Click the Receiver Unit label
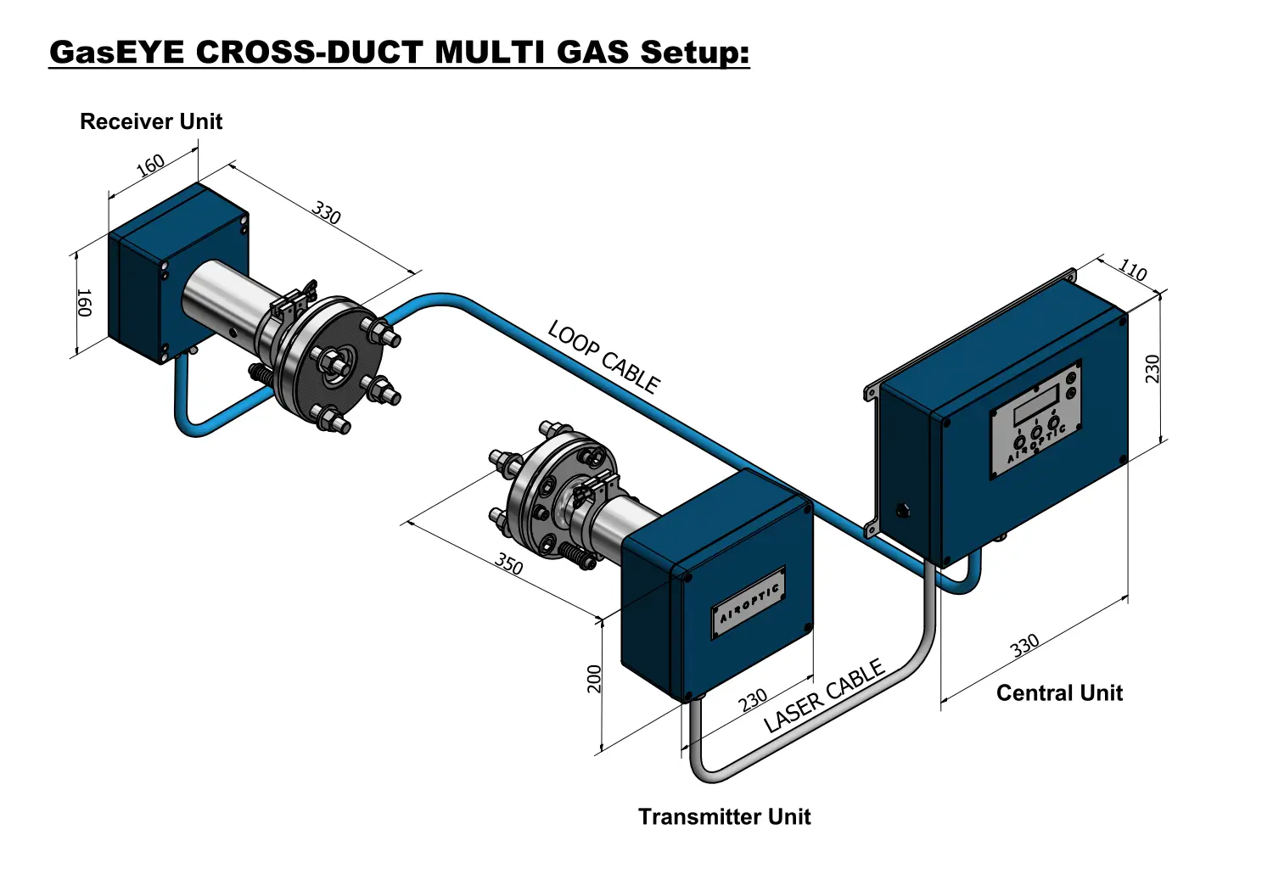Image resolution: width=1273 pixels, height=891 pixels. coord(150,121)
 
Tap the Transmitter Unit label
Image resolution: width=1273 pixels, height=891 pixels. coord(724,816)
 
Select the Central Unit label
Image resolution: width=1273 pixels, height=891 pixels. coord(1059,692)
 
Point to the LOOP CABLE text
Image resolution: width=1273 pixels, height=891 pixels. coord(603,357)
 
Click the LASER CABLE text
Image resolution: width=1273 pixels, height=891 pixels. coord(824,695)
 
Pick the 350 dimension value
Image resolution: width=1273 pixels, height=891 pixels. coord(508,564)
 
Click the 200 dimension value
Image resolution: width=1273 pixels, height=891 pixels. coord(594,679)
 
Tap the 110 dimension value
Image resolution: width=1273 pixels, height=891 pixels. coord(1133,270)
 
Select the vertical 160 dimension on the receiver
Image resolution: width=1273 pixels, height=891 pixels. coord(83,302)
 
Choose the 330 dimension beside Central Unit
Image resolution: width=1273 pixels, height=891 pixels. coord(1024,646)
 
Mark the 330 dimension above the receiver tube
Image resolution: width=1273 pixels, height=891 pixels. coord(326,212)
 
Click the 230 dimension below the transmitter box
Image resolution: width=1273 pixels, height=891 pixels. coord(753,700)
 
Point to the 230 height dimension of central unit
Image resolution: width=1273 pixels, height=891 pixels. coord(1152,369)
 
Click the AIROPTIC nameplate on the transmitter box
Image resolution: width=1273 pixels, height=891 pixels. coord(749,602)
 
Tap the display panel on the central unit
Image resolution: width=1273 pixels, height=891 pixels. coord(1035,420)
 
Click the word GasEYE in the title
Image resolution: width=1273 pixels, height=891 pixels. coord(117,52)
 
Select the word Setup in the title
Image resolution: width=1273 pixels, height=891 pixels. coord(694,53)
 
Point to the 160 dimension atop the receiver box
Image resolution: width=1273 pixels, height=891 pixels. coord(150,165)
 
